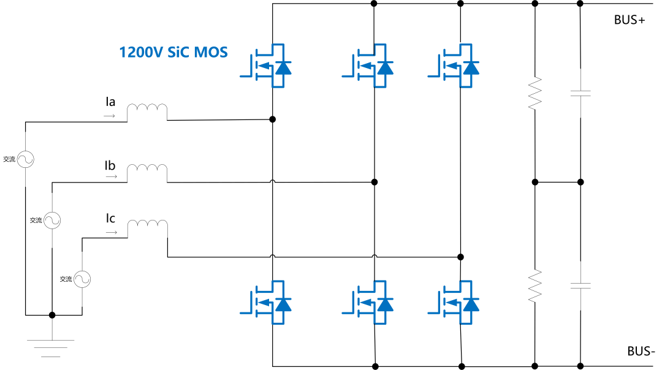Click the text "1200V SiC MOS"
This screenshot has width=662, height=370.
pyautogui.click(x=173, y=52)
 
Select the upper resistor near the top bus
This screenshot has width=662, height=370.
pyautogui.click(x=535, y=93)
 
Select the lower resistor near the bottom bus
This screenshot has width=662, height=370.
pyautogui.click(x=535, y=285)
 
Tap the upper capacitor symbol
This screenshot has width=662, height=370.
pyautogui.click(x=580, y=93)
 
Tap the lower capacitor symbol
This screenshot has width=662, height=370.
pyautogui.click(x=580, y=285)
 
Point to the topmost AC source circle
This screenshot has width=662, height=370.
pyautogui.click(x=26, y=159)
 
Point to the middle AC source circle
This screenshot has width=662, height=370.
pyautogui.click(x=51, y=219)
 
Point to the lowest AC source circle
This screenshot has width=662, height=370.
pyautogui.click(x=82, y=279)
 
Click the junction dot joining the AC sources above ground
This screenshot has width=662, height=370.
pyautogui.click(x=52, y=315)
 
